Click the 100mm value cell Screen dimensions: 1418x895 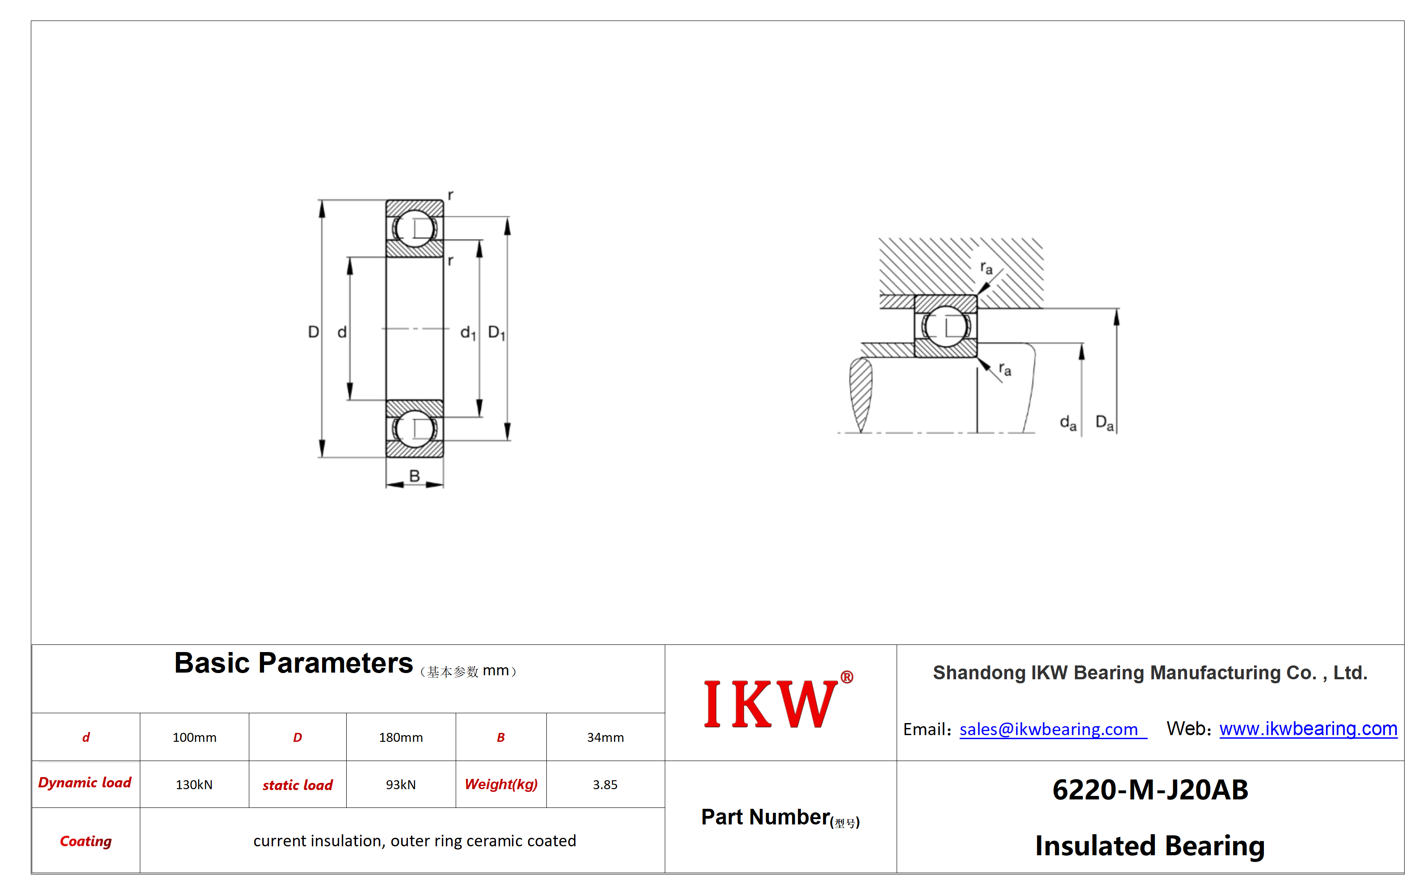[x=194, y=737]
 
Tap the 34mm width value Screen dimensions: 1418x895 [x=605, y=737]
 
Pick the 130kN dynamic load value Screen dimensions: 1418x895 [x=194, y=785]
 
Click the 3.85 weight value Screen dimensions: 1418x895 [x=605, y=785]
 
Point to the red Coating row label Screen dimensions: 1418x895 [x=86, y=841]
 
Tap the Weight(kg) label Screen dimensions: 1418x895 [x=501, y=784]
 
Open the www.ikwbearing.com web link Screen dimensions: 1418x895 [x=1308, y=728]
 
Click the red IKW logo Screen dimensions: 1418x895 [x=778, y=701]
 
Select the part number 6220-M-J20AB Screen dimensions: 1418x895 [x=1150, y=790]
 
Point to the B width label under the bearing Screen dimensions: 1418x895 [x=415, y=476]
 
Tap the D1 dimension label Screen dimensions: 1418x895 [x=496, y=333]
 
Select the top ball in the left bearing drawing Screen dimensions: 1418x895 [x=415, y=229]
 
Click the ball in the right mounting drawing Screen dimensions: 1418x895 [x=946, y=326]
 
